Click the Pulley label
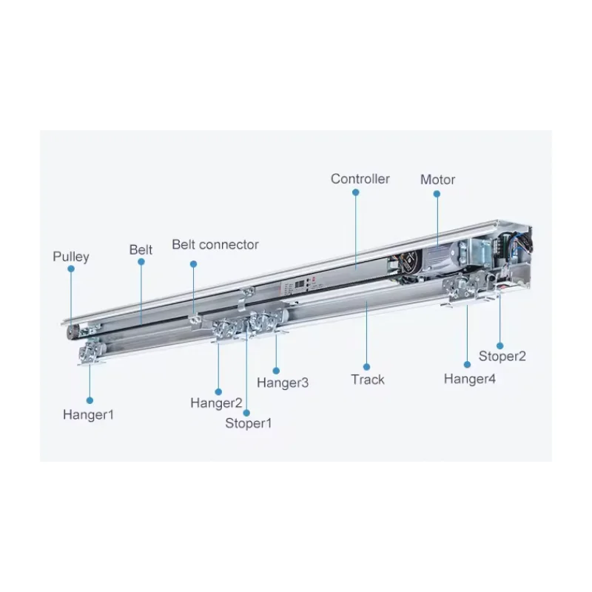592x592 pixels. (x=70, y=257)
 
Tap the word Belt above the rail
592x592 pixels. (x=141, y=249)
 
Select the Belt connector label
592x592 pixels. (x=215, y=244)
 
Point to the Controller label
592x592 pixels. (x=360, y=179)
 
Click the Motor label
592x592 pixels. (x=437, y=179)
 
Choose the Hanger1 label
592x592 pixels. (x=89, y=415)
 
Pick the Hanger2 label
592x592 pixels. (x=216, y=403)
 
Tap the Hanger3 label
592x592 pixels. (x=283, y=383)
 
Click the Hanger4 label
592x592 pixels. (x=470, y=379)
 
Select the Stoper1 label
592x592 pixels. (x=249, y=423)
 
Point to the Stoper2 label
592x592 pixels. (x=502, y=356)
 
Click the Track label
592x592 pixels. (x=368, y=380)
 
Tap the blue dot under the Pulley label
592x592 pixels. (x=72, y=270)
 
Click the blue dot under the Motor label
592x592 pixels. (x=437, y=194)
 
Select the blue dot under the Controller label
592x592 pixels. (x=356, y=192)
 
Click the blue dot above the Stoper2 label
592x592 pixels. (x=500, y=344)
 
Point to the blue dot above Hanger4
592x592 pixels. (x=468, y=363)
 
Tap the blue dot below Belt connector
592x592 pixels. (x=194, y=263)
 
